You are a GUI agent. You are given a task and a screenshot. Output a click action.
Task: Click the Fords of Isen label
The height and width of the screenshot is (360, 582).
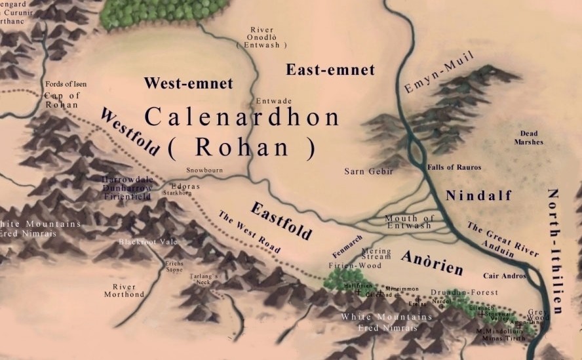tap(65, 85)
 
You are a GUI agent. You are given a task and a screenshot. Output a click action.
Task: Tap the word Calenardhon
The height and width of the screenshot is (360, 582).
tap(242, 117)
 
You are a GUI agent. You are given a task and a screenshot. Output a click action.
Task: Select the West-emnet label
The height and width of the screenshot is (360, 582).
tap(188, 83)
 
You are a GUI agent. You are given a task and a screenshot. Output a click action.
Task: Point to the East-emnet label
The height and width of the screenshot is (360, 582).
tap(330, 70)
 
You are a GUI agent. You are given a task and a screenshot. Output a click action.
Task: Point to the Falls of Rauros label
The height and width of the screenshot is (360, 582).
tap(454, 168)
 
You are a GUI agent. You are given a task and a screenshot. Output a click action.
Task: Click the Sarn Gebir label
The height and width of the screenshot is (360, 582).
tap(368, 172)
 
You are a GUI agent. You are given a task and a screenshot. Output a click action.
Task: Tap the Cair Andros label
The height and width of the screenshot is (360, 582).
tap(504, 277)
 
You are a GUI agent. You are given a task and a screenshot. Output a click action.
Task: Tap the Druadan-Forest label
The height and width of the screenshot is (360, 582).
tap(464, 292)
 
